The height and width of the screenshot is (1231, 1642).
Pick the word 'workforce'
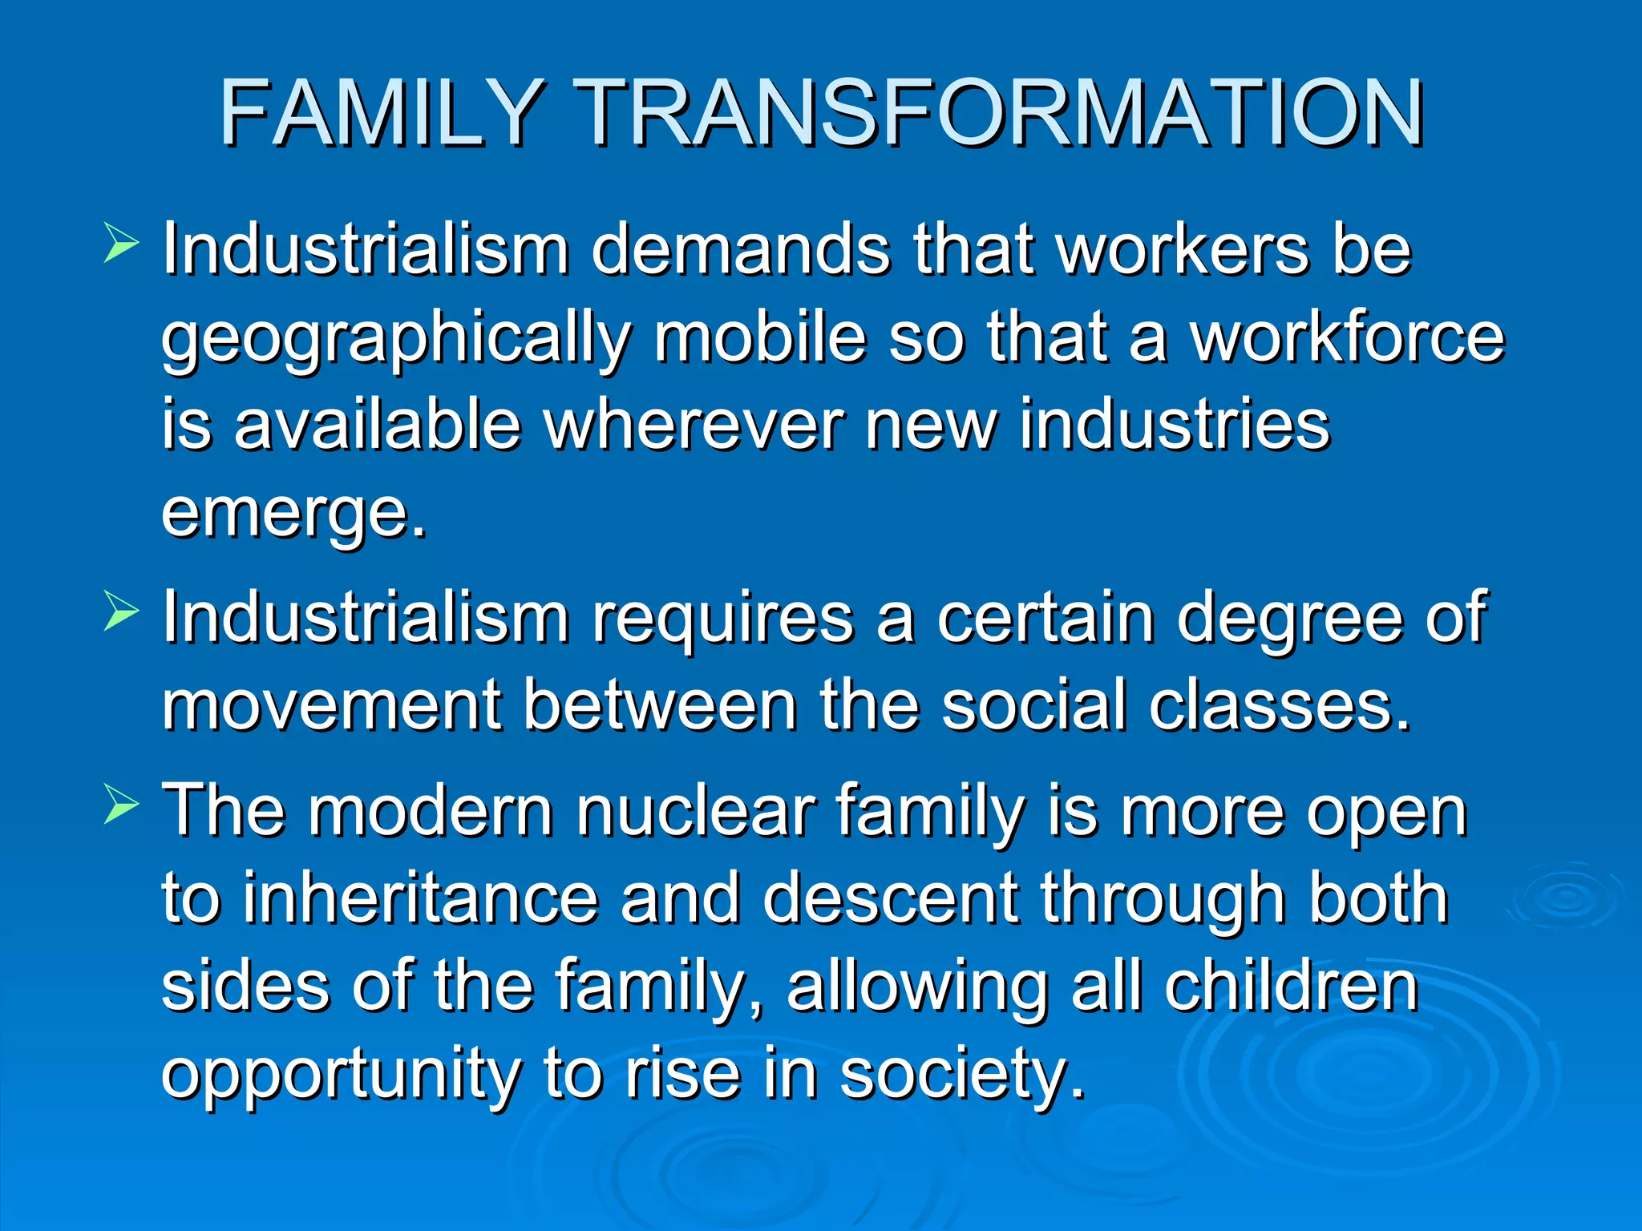pos(1346,337)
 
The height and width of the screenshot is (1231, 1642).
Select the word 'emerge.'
pos(294,515)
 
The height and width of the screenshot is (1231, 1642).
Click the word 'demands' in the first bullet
pos(740,249)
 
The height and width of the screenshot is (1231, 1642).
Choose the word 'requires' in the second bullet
pos(722,619)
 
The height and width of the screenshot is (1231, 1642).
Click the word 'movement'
pos(332,705)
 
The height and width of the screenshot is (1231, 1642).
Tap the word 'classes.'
pos(1280,705)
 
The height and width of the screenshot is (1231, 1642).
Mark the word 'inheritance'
pos(420,899)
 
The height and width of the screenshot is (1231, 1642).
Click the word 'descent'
pos(891,899)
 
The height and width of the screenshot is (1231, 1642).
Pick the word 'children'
pos(1292,987)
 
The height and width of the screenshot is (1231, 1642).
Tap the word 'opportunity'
pos(341,1076)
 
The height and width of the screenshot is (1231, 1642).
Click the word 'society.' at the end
pos(962,1076)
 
